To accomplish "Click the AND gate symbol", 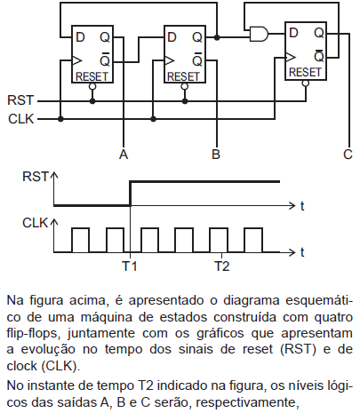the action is click(x=260, y=34).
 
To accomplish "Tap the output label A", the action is click(x=124, y=155).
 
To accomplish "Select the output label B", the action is click(x=216, y=155).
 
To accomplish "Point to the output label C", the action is click(x=348, y=155).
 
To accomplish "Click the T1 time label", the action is click(x=130, y=266).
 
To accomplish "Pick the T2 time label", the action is click(x=222, y=266).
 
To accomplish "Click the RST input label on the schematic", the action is click(x=20, y=100).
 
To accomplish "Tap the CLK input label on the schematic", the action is click(x=21, y=119).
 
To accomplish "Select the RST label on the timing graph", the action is click(x=35, y=177).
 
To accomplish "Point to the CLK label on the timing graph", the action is click(x=35, y=223).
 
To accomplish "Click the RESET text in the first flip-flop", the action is click(x=92, y=76).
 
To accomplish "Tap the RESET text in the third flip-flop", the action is click(x=305, y=72).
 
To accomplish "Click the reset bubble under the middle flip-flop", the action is click(x=185, y=86).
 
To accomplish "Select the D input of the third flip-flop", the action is click(x=293, y=33).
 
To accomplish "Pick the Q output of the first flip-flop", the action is click(x=105, y=37).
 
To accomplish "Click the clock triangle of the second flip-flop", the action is click(x=169, y=60).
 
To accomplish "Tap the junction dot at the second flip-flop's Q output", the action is click(x=217, y=37).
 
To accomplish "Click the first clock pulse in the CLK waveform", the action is click(x=80, y=240).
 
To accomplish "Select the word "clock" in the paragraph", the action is click(x=21, y=366).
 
